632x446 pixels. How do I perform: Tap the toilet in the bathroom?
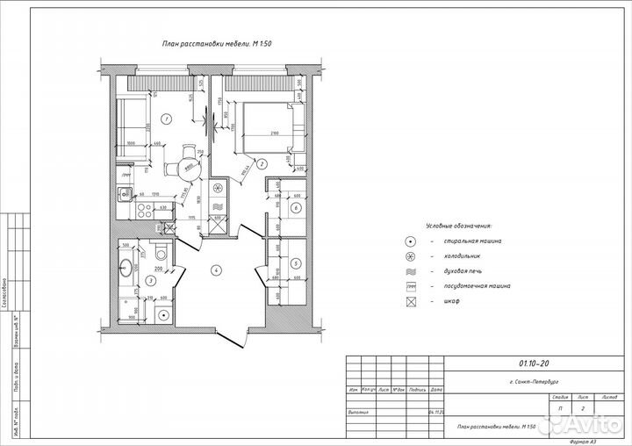click(x=160, y=255)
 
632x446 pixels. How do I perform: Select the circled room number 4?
click(x=215, y=269)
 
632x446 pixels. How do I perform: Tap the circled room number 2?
click(x=262, y=162)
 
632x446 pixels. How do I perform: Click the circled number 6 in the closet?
click(x=296, y=208)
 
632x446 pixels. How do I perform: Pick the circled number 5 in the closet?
click(x=296, y=263)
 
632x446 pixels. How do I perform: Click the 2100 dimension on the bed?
click(x=273, y=133)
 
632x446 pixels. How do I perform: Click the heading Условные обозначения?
click(x=458, y=225)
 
